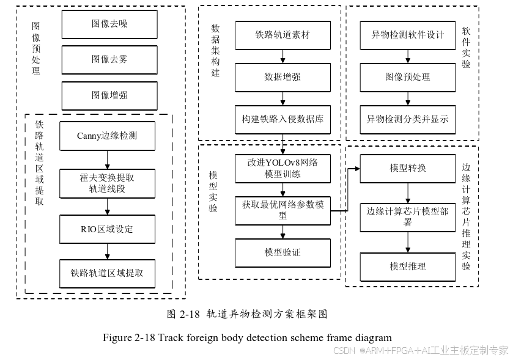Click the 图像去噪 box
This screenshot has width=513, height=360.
coord(109,24)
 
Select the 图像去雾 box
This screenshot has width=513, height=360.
coord(109,59)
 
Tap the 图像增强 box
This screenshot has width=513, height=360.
coord(109,95)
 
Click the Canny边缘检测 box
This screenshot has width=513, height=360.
coord(107,136)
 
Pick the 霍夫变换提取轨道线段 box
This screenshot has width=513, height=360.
coord(107,183)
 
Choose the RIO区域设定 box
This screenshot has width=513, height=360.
coord(107,229)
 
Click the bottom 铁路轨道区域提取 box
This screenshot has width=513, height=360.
coord(107,273)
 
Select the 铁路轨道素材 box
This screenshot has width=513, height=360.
coord(282,35)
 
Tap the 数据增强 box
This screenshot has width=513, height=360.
coord(282,77)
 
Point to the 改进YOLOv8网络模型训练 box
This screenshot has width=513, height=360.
coord(282,168)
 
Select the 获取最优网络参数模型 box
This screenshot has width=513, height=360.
coord(282,210)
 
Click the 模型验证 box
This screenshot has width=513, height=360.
coord(282,252)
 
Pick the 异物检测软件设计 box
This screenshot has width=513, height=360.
coord(408,35)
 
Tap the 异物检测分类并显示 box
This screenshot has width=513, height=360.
coord(408,119)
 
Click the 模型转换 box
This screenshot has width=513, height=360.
coord(408,168)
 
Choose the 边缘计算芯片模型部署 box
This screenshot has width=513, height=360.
coord(408,217)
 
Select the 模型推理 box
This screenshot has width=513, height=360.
coord(408,266)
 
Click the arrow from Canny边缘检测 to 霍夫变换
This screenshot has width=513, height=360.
coord(107,160)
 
